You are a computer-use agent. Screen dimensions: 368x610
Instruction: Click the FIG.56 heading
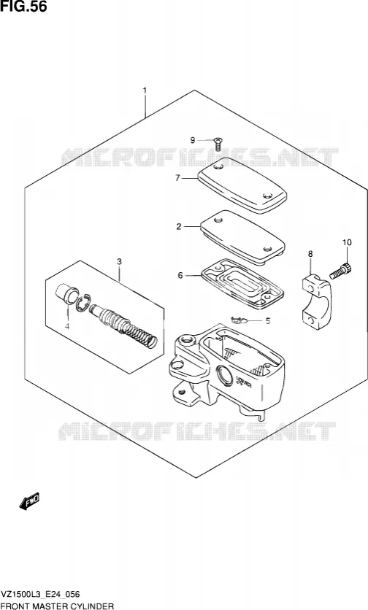pyautogui.click(x=24, y=7)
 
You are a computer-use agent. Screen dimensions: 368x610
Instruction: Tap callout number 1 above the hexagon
pyautogui.click(x=145, y=91)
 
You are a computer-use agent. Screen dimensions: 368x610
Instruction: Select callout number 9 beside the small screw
pyautogui.click(x=192, y=140)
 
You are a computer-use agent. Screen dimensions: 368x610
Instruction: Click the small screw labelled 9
pyautogui.click(x=218, y=144)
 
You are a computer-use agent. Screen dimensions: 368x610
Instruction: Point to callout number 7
pyautogui.click(x=177, y=178)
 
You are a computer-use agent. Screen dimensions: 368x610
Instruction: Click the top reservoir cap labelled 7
pyautogui.click(x=242, y=185)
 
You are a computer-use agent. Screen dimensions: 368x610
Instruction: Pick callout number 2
pyautogui.click(x=179, y=226)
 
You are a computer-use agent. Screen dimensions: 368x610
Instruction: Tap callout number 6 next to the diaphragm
pyautogui.click(x=180, y=275)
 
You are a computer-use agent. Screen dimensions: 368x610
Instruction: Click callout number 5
pyautogui.click(x=267, y=321)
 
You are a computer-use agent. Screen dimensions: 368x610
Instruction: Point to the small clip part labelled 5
pyautogui.click(x=239, y=320)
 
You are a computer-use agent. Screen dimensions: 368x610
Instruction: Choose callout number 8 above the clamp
pyautogui.click(x=310, y=254)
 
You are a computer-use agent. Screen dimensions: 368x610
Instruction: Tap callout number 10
pyautogui.click(x=347, y=242)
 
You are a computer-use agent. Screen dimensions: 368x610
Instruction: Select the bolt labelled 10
pyautogui.click(x=341, y=271)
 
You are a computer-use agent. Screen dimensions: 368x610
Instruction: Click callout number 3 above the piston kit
pyautogui.click(x=120, y=261)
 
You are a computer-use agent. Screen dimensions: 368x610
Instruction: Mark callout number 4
pyautogui.click(x=67, y=326)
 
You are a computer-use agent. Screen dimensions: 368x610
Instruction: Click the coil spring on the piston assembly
pyautogui.click(x=140, y=335)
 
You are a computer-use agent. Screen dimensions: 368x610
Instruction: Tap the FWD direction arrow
pyautogui.click(x=29, y=502)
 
